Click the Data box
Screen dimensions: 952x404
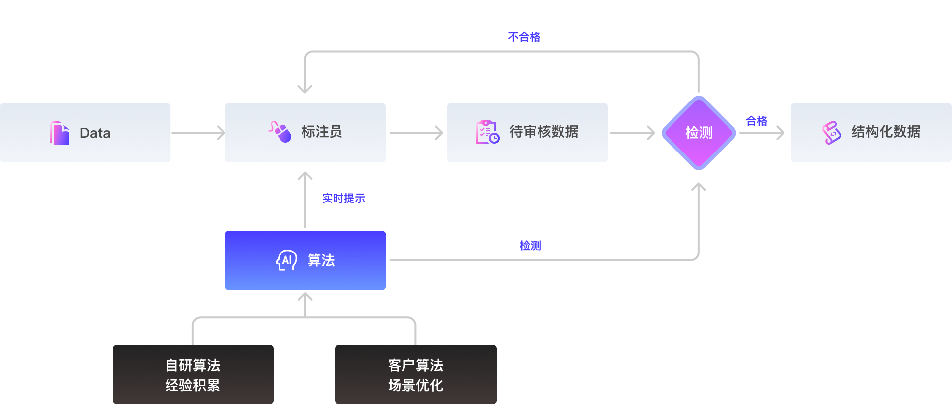[85, 133]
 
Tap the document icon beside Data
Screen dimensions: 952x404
[59, 133]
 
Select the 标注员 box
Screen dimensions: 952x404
[305, 133]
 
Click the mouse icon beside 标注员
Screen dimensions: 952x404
[280, 132]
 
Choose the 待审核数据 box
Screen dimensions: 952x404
[527, 133]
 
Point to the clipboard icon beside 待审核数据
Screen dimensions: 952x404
[487, 132]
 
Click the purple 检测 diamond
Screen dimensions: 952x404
[699, 133]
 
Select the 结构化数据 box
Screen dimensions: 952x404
[871, 133]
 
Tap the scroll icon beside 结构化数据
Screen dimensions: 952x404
[832, 132]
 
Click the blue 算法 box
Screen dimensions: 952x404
[305, 260]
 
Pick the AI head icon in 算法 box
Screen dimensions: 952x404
[286, 260]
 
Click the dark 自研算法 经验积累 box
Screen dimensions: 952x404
[193, 374]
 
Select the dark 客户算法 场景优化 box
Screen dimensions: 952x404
[416, 374]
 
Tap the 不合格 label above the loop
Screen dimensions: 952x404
[524, 37]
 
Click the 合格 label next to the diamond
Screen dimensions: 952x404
[757, 121]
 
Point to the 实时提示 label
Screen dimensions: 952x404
[343, 198]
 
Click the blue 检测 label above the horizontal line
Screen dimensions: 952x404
[530, 245]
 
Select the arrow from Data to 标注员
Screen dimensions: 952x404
[198, 133]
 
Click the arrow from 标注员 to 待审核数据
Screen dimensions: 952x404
[416, 133]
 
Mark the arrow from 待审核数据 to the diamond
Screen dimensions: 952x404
[632, 133]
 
